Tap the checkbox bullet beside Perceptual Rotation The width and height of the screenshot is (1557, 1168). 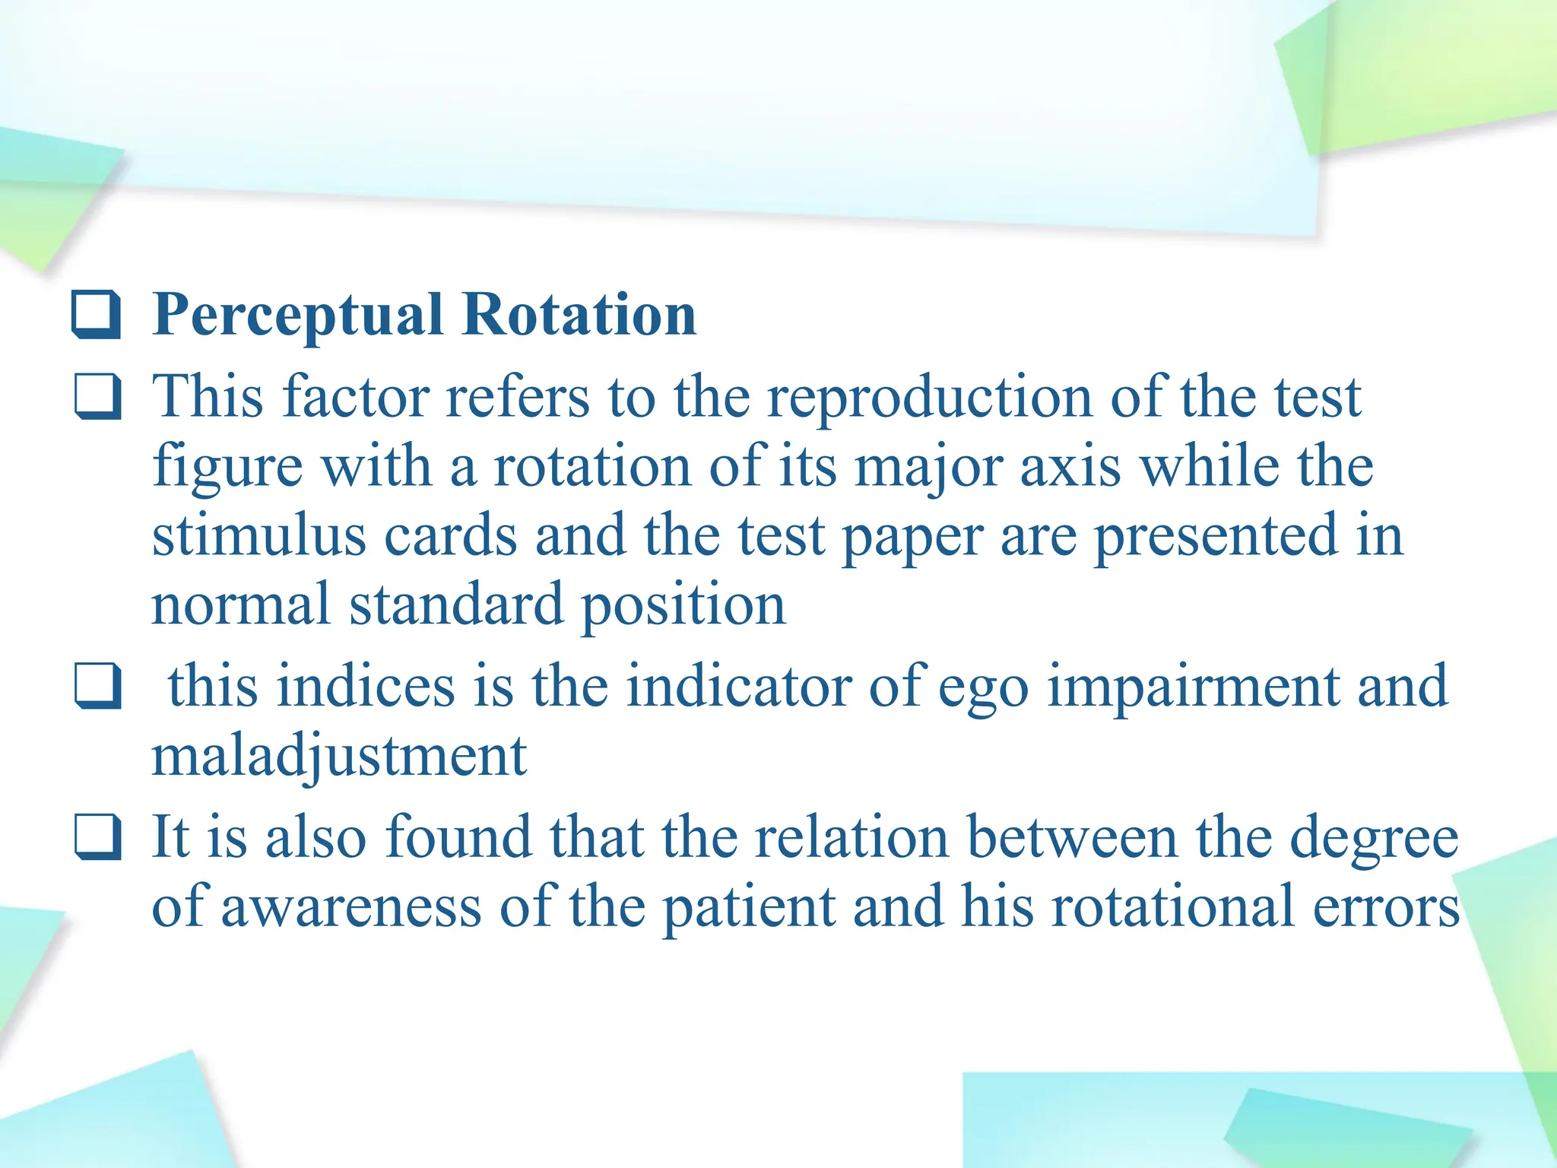click(97, 314)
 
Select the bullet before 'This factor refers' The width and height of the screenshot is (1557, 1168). click(97, 396)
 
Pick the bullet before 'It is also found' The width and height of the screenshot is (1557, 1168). click(97, 836)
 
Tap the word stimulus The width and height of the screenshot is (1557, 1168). click(259, 535)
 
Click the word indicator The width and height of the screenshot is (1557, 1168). click(738, 686)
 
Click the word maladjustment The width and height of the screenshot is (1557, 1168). click(339, 757)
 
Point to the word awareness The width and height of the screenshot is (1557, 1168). click(351, 906)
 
